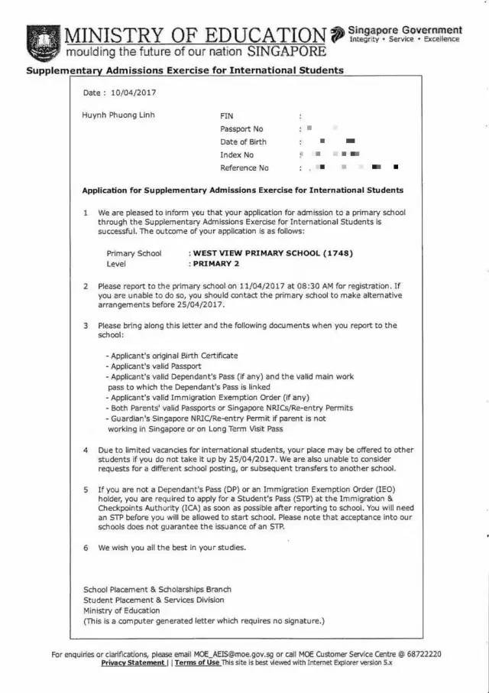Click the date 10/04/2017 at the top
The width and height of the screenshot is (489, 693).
pyautogui.click(x=131, y=93)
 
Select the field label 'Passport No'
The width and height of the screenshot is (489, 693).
pyautogui.click(x=241, y=129)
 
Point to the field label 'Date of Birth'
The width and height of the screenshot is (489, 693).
pyautogui.click(x=244, y=142)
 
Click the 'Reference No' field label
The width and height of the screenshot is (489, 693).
pyautogui.click(x=244, y=168)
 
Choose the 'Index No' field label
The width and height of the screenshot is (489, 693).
pyautogui.click(x=237, y=155)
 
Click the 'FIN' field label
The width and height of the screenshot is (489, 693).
pyautogui.click(x=227, y=116)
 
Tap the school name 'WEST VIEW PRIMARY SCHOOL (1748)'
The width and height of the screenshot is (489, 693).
pyautogui.click(x=273, y=253)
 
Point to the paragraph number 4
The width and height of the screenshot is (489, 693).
pyautogui.click(x=86, y=450)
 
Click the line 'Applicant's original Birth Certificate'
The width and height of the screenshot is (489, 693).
pyautogui.click(x=172, y=356)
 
